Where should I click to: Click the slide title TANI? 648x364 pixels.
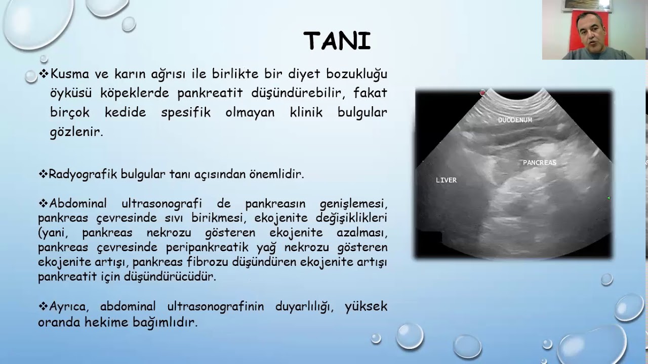click(x=337, y=41)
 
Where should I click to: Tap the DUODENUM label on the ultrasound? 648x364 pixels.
click(x=515, y=120)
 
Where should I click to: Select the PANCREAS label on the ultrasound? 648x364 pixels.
click(x=539, y=163)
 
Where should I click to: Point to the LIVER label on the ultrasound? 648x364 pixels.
click(x=446, y=180)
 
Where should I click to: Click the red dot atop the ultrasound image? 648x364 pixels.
click(x=482, y=93)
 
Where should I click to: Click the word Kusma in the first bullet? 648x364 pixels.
click(x=69, y=74)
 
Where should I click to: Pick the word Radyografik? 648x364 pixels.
click(x=83, y=174)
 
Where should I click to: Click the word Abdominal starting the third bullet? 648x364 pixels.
click(x=78, y=204)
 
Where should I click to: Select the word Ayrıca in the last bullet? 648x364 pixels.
click(x=71, y=306)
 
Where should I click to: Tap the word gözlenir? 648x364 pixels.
click(x=76, y=132)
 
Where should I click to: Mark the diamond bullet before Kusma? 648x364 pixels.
click(x=44, y=74)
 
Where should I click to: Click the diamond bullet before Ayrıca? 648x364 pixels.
click(x=44, y=306)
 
